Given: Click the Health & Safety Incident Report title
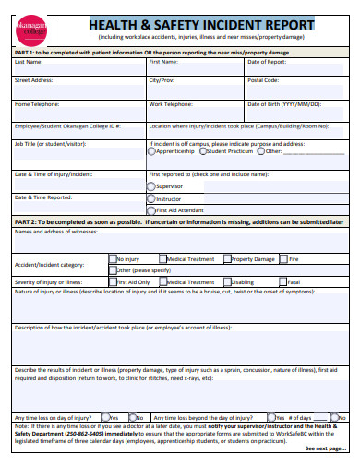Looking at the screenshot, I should pos(200,25).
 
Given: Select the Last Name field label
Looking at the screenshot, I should pos(29,62).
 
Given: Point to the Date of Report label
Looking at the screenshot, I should pos(267,62).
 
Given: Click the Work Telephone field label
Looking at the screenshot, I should pos(172,104).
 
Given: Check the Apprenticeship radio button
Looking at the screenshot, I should pos(152,151).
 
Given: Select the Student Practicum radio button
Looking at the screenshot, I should pos(205,151).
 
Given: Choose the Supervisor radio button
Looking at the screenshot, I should pos(151,185).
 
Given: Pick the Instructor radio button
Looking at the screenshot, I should pos(151,198).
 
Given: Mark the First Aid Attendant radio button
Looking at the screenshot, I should pos(151,210).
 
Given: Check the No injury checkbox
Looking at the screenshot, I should pos(114,259).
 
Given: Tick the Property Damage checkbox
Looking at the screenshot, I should pos(225,259).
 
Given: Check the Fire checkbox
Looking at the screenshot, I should pos(283,259).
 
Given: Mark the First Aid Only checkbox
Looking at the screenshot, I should pos(114,282).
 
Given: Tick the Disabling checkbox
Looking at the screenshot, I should pos(226,282).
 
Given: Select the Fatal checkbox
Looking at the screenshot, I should pos(282,282).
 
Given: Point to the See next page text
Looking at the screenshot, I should pos(326,448).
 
